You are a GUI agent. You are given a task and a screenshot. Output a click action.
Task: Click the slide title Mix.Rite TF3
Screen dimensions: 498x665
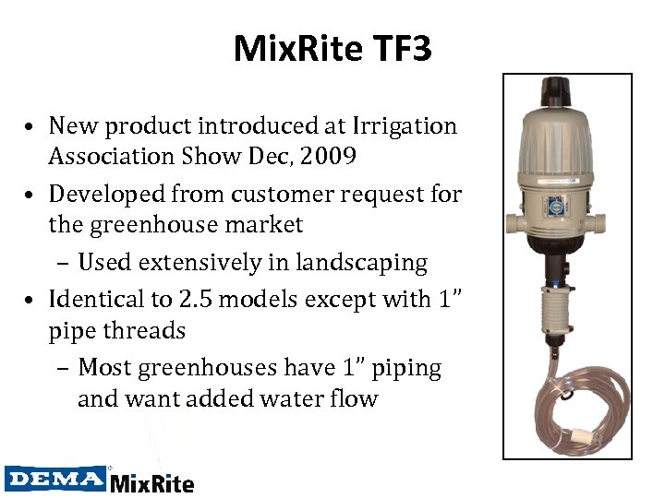click(x=332, y=49)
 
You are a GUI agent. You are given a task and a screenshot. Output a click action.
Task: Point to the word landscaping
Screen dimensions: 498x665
click(x=361, y=263)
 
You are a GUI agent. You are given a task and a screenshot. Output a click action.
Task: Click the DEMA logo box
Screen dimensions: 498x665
click(x=55, y=479)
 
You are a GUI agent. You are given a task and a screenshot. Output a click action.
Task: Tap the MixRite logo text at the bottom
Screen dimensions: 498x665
click(x=152, y=481)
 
